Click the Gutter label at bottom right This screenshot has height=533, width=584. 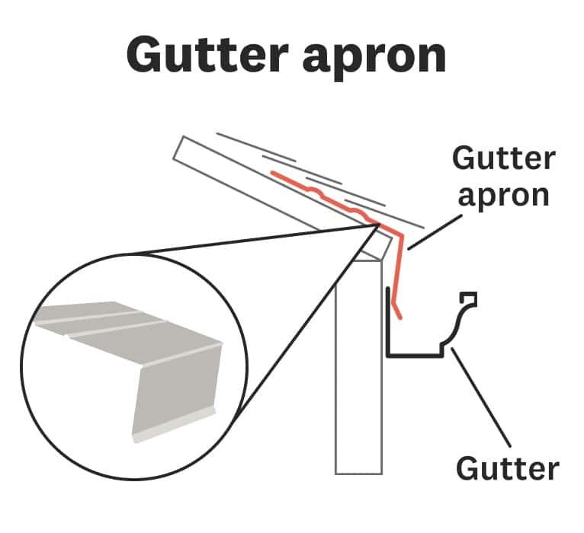tap(507, 468)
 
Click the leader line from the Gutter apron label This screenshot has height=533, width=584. tap(435, 231)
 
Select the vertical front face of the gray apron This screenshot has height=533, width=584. tap(175, 388)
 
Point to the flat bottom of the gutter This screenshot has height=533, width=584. tap(416, 354)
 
